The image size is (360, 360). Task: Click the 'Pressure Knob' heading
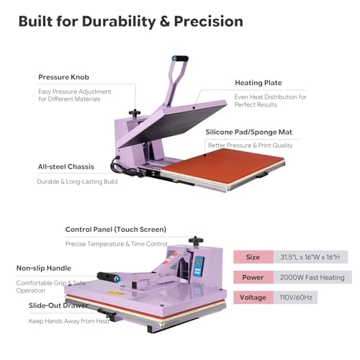click(63, 77)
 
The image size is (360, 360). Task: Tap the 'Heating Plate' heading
click(258, 83)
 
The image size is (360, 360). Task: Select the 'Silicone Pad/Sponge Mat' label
click(249, 132)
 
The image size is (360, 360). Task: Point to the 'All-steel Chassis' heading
click(66, 166)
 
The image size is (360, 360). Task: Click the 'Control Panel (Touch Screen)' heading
click(116, 230)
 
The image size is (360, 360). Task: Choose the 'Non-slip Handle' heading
click(44, 268)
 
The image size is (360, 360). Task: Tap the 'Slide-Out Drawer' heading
click(58, 305)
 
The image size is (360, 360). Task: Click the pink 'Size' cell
click(253, 257)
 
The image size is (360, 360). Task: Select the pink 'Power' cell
click(253, 277)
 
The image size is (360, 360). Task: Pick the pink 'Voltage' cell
click(253, 297)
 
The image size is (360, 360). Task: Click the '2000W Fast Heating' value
click(312, 277)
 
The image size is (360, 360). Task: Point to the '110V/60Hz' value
click(296, 297)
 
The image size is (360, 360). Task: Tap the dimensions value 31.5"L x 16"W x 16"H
click(310, 257)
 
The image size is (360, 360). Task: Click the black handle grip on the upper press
click(180, 58)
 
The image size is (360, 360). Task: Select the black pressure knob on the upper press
click(135, 113)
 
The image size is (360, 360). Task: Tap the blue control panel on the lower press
click(199, 266)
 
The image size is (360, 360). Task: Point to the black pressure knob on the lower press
click(196, 240)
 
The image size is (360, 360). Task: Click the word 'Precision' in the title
click(208, 22)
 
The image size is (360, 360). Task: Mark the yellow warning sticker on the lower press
click(116, 293)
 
